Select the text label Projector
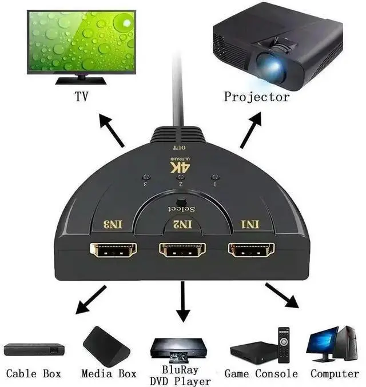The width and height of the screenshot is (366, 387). (x=257, y=97)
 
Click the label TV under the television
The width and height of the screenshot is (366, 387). (x=82, y=97)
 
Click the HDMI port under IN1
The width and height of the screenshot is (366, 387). (x=251, y=250)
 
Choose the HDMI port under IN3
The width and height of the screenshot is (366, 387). (x=113, y=250)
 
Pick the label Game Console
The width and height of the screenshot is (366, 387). (x=261, y=374)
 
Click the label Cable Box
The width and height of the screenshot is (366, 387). (x=34, y=374)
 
